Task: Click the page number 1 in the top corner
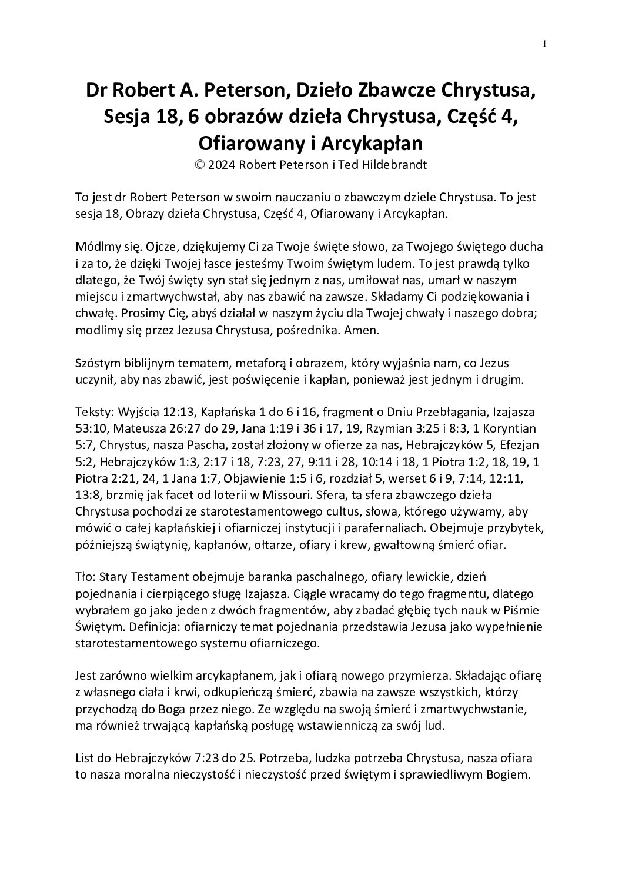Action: click(544, 44)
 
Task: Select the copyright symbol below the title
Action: click(199, 165)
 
